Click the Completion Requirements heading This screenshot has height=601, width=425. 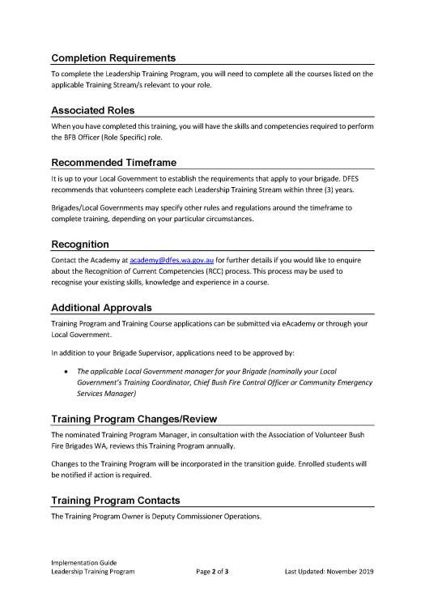click(113, 58)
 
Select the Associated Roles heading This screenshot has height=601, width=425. click(93, 110)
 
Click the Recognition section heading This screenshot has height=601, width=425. click(79, 244)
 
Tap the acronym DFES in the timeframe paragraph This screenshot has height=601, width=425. click(347, 178)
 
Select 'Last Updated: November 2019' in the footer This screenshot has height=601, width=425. click(329, 571)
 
